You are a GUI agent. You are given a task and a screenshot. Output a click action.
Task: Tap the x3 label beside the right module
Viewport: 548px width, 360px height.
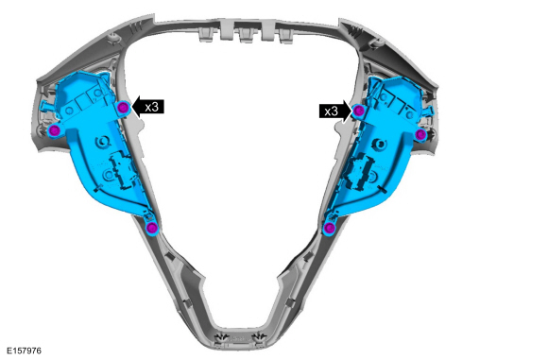click(331, 111)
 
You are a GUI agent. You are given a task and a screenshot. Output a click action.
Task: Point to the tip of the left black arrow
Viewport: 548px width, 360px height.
click(132, 107)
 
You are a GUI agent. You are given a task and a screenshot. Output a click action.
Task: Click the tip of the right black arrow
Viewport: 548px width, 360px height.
click(352, 111)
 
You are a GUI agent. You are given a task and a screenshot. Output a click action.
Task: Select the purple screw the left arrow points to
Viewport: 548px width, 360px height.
click(123, 107)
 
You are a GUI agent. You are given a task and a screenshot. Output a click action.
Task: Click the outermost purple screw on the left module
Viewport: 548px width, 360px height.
click(55, 129)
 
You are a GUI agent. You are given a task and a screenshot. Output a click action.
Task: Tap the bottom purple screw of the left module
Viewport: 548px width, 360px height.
click(152, 227)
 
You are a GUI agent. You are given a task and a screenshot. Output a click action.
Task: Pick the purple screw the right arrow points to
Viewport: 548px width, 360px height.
click(360, 111)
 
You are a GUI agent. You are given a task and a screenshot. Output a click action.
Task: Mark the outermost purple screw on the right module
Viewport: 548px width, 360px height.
click(421, 134)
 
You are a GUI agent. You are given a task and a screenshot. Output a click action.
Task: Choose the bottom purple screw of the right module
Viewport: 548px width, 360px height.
click(329, 228)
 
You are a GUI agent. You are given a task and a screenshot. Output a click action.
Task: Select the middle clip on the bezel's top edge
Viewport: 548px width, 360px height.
click(248, 36)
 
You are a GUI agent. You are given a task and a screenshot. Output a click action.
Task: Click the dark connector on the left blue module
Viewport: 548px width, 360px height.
click(119, 170)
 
